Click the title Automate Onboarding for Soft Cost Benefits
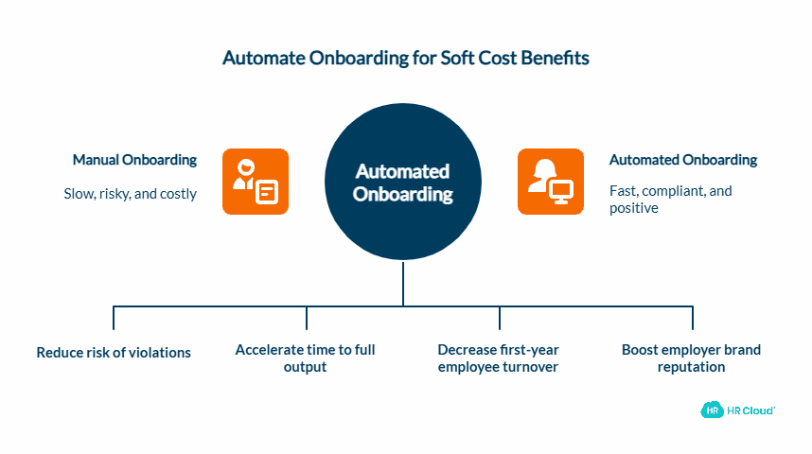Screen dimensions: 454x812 [x=405, y=58]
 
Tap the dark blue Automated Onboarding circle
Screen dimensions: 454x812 [x=403, y=183]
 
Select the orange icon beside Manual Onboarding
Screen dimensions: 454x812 [x=255, y=181]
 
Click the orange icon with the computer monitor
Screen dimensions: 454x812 [x=550, y=181]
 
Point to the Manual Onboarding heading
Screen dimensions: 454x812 [x=134, y=160]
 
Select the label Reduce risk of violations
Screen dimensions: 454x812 [x=114, y=353]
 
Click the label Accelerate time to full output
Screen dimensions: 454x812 [x=305, y=358]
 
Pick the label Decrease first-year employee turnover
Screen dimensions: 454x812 [x=498, y=358]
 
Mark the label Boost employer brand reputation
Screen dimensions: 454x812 [x=691, y=358]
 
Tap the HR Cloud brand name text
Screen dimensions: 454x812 [x=751, y=410]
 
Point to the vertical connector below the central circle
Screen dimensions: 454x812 [x=403, y=284]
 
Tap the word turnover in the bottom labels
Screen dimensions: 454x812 [x=530, y=366]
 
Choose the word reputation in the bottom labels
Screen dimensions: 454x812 [x=691, y=366]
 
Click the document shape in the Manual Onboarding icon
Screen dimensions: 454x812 [x=267, y=192]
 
